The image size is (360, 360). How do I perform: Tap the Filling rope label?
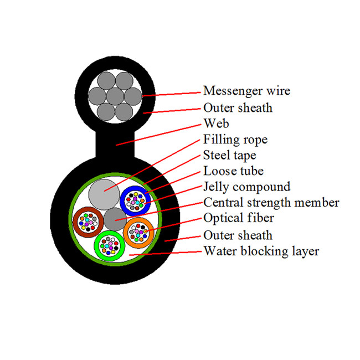point(235,139)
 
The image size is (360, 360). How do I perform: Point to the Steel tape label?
point(230,155)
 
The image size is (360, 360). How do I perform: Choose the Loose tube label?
point(233,171)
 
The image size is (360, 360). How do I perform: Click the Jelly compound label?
point(246,187)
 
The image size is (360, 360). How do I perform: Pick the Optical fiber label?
point(239,219)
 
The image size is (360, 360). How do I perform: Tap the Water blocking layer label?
point(261,251)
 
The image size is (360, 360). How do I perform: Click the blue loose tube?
point(136,200)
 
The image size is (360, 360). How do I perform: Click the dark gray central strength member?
point(115,218)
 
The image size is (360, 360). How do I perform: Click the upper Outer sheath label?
point(238,107)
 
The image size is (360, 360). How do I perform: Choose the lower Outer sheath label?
point(238,235)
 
